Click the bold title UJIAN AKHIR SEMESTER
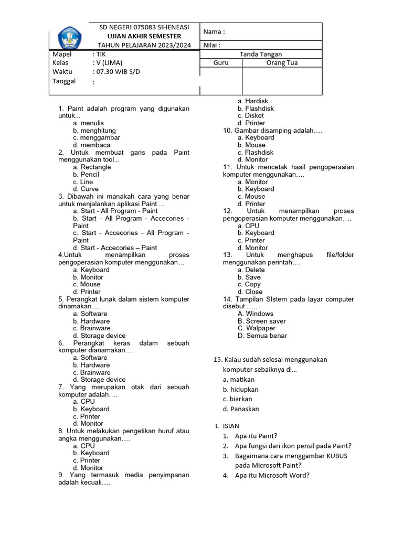pyautogui.click(x=144, y=36)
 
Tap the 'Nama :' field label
pyautogui.click(x=214, y=31)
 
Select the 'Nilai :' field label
pyautogui.click(x=213, y=45)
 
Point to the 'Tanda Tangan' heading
pyautogui.click(x=261, y=54)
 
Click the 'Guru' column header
pyautogui.click(x=220, y=62)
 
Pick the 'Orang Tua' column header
pyautogui.click(x=281, y=62)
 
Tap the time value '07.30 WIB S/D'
pyautogui.click(x=116, y=71)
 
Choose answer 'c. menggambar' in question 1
pyautogui.click(x=97, y=137)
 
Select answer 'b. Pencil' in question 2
pyautogui.click(x=86, y=174)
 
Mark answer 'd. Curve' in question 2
pyautogui.click(x=86, y=189)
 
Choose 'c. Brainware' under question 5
pyautogui.click(x=92, y=328)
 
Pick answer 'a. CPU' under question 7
pyautogui.click(x=84, y=401)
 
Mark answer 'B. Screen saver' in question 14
pyautogui.click(x=261, y=321)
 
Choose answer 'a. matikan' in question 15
pyautogui.click(x=238, y=379)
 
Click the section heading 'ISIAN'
pyautogui.click(x=230, y=426)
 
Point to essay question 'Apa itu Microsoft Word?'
pyautogui.click(x=272, y=476)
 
